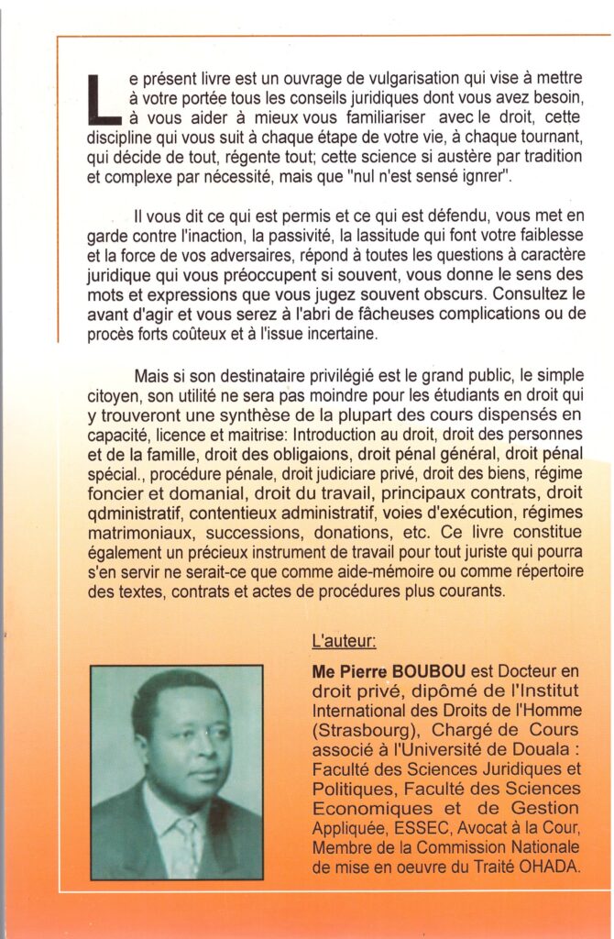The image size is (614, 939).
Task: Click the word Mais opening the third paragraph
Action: coord(152,378)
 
